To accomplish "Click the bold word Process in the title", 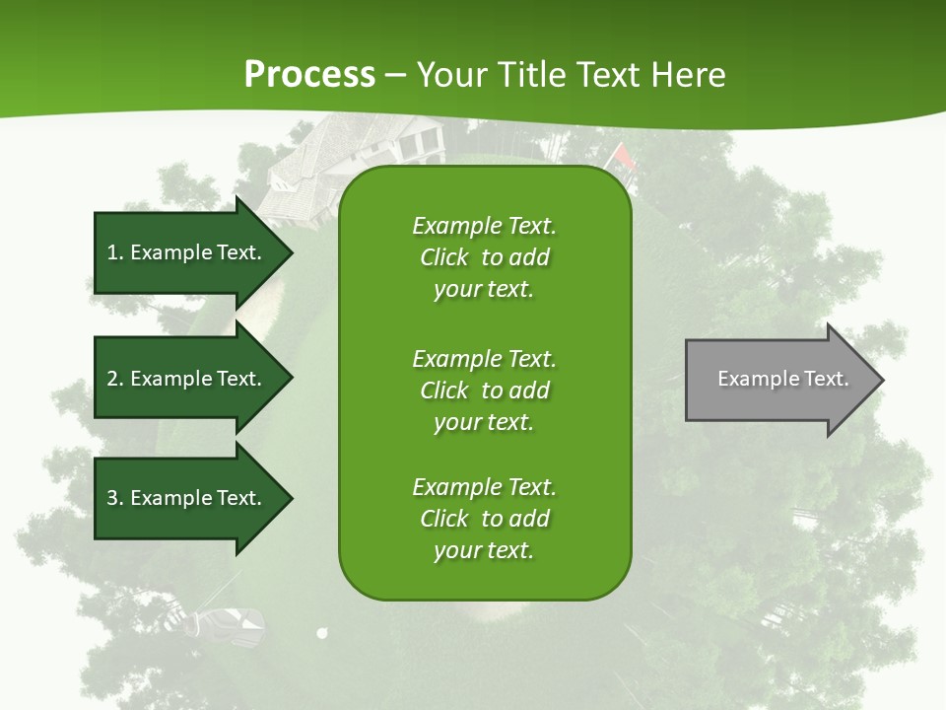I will coord(309,75).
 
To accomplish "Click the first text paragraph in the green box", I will coord(484,257).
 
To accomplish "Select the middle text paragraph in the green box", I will coord(484,390).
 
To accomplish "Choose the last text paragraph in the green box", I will coord(484,519).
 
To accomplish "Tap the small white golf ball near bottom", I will coord(321,634).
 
